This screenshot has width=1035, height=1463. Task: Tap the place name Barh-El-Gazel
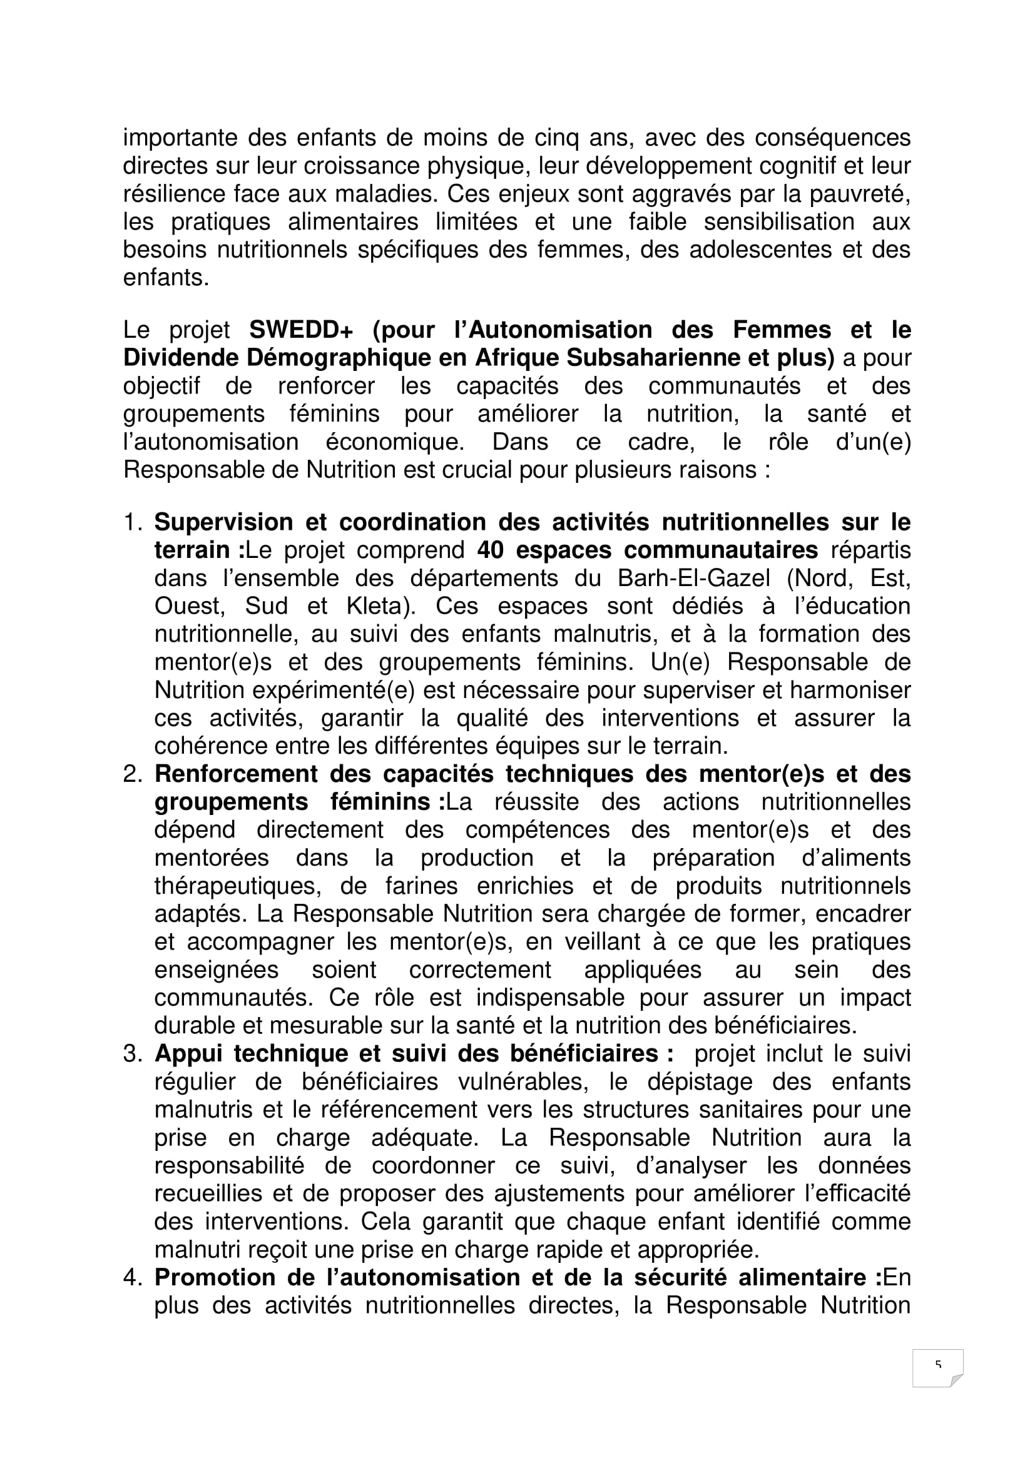(x=693, y=579)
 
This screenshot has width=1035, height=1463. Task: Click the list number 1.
(x=132, y=522)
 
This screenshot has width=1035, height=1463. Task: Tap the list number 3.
(x=132, y=1055)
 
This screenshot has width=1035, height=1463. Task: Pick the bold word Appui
(x=188, y=1055)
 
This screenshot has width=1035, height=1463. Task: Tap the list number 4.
(x=132, y=1278)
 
